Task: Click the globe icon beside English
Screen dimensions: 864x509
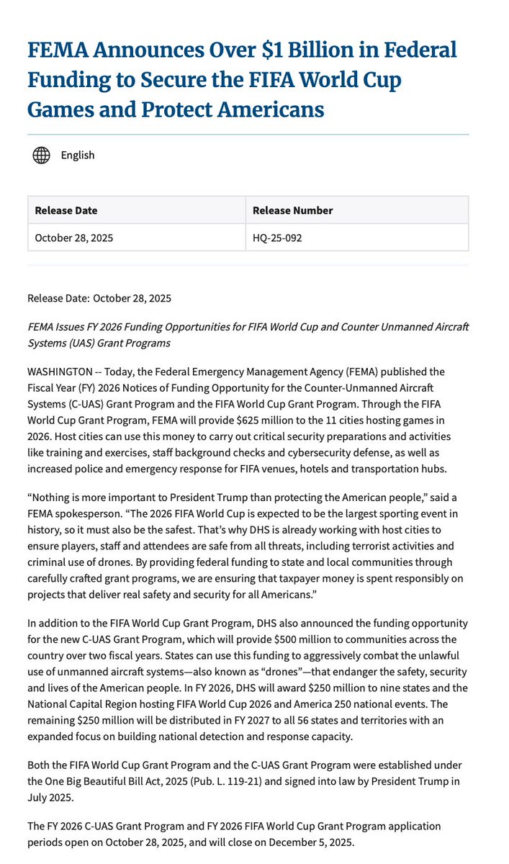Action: tap(41, 155)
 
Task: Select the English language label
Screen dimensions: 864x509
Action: tap(77, 155)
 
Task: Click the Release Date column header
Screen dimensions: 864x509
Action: tap(66, 210)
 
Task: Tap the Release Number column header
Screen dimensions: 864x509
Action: tap(292, 210)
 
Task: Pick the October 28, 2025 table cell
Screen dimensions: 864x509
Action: tap(73, 238)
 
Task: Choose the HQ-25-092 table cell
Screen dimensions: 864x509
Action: tap(277, 238)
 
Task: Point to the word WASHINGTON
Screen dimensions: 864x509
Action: tap(60, 372)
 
